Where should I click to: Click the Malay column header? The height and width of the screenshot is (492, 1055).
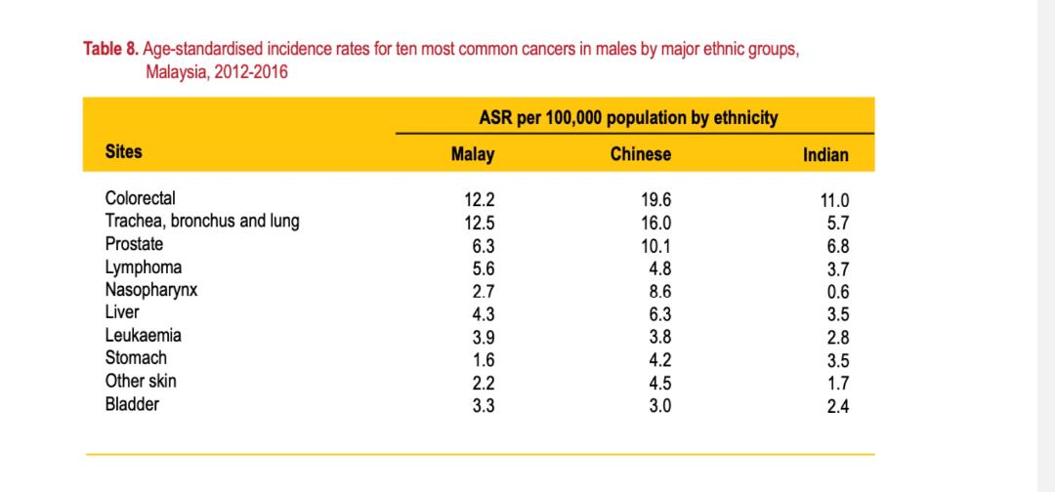pos(473,154)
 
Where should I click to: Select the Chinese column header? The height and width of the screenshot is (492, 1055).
pos(641,154)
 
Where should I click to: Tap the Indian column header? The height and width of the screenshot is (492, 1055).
pos(825,155)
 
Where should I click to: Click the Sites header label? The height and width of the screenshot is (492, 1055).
pos(124,151)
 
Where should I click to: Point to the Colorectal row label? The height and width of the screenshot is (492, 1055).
pos(141,198)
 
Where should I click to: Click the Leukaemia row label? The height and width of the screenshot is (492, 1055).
pos(144,335)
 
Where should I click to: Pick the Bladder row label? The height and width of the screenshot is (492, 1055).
pos(132,403)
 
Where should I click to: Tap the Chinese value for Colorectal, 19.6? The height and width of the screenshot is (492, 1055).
pos(656,200)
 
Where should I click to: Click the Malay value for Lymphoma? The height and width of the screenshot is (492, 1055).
pos(484,267)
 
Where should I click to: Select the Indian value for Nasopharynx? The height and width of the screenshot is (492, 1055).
pos(837,292)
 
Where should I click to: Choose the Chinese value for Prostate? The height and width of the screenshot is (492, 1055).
pos(656,245)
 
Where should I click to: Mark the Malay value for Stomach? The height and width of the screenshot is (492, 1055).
pos(484,359)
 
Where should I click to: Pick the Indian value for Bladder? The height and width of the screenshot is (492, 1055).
pos(837,406)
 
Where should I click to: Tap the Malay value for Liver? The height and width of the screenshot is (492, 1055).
pos(484,313)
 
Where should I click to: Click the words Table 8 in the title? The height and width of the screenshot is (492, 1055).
pos(111,49)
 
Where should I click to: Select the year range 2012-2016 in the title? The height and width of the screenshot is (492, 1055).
pos(257,72)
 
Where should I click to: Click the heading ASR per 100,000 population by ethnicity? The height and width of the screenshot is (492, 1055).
pos(629,118)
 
